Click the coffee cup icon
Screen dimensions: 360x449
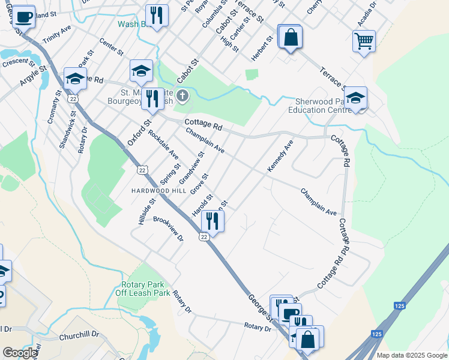coord(23,16)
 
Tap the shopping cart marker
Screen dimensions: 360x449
coord(364,41)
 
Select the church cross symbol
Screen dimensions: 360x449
coord(182,95)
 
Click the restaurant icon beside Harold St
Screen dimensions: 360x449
coord(212,220)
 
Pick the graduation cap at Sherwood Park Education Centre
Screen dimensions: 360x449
coord(355,99)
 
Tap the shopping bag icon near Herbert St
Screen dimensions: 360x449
coord(291,37)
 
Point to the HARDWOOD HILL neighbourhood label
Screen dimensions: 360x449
coord(159,190)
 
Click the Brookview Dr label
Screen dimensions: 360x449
coord(168,229)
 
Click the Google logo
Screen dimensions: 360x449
coord(20,353)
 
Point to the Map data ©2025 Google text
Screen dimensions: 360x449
coord(411,355)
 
